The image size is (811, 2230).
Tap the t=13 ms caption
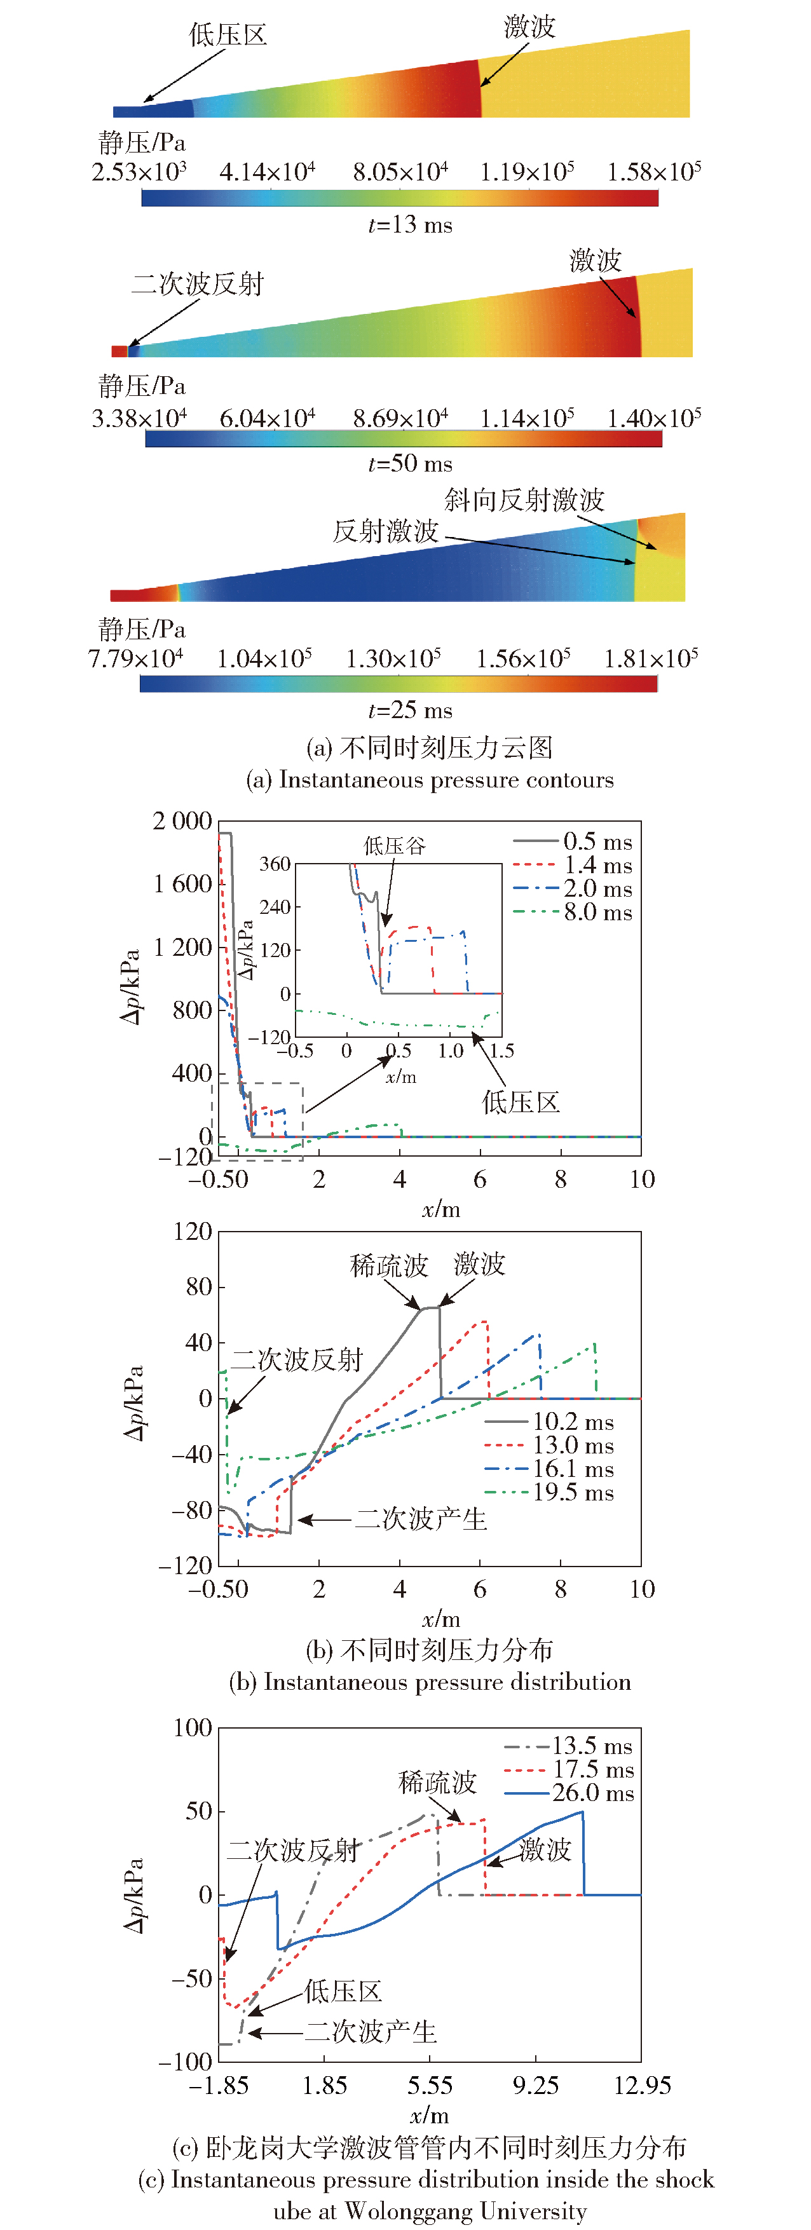(410, 225)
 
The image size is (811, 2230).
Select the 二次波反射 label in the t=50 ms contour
(197, 284)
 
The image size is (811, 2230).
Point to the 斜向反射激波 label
(524, 500)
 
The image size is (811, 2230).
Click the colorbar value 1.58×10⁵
(653, 172)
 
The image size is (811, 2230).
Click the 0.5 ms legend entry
(597, 841)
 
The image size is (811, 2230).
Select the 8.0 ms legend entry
(597, 913)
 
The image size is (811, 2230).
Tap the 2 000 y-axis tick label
(182, 820)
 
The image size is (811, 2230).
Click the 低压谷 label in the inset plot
(395, 846)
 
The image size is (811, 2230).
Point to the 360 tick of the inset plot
(275, 864)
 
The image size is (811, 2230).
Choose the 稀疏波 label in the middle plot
(388, 1267)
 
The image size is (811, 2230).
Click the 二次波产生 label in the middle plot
(421, 1520)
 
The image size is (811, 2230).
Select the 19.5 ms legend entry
(573, 1492)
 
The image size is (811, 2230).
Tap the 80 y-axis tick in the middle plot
(199, 1288)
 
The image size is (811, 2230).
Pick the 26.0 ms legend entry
(593, 1793)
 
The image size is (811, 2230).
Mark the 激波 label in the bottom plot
(545, 1850)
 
